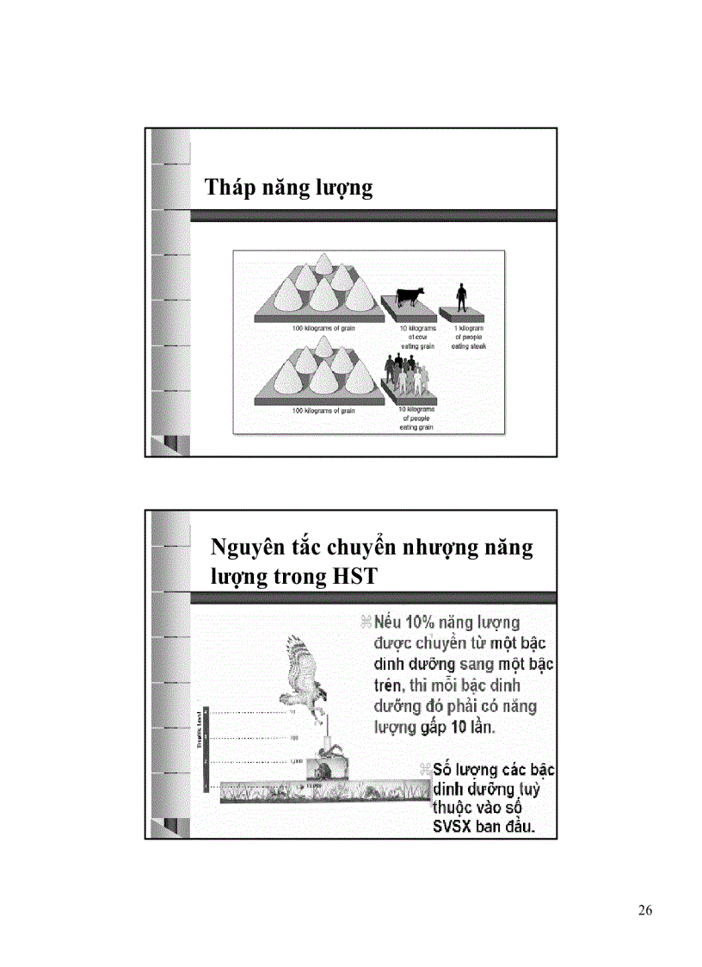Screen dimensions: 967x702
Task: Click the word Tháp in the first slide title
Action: point(227,188)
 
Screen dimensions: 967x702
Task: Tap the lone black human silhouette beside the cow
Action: point(462,298)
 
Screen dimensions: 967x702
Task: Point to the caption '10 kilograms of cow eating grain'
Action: point(419,337)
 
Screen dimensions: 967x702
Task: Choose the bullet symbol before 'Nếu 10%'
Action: point(366,623)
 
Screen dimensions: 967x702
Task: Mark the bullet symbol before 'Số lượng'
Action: point(424,769)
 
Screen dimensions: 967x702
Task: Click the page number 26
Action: point(646,911)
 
